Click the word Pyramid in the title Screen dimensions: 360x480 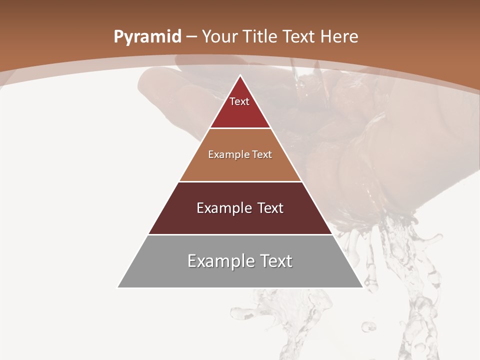pyautogui.click(x=147, y=37)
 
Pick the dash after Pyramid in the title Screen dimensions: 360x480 pyautogui.click(x=192, y=37)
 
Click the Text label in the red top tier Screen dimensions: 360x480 pyautogui.click(x=239, y=101)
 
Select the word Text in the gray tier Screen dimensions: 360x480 pyautogui.click(x=274, y=261)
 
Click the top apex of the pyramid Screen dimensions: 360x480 pyautogui.click(x=240, y=76)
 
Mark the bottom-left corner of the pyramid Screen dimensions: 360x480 pyautogui.click(x=118, y=287)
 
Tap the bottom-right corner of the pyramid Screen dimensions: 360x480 pyautogui.click(x=362, y=287)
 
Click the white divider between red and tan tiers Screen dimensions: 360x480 pyautogui.click(x=240, y=128)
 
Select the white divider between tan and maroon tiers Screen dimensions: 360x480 pyautogui.click(x=240, y=181)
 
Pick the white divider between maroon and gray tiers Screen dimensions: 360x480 pyautogui.click(x=240, y=234)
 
